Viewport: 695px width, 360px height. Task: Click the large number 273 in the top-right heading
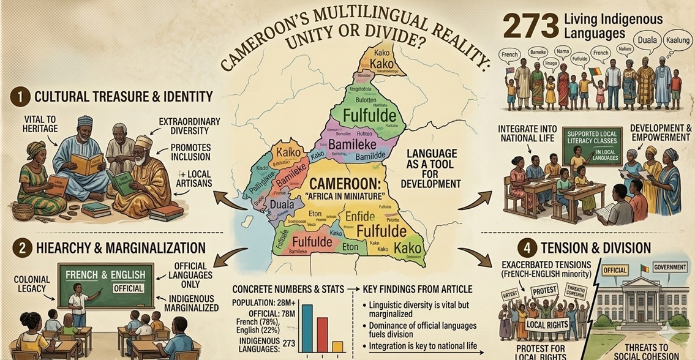coord(528,26)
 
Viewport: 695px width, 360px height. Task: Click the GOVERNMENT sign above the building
coord(670,266)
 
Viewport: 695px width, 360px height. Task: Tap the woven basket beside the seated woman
coord(23,212)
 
